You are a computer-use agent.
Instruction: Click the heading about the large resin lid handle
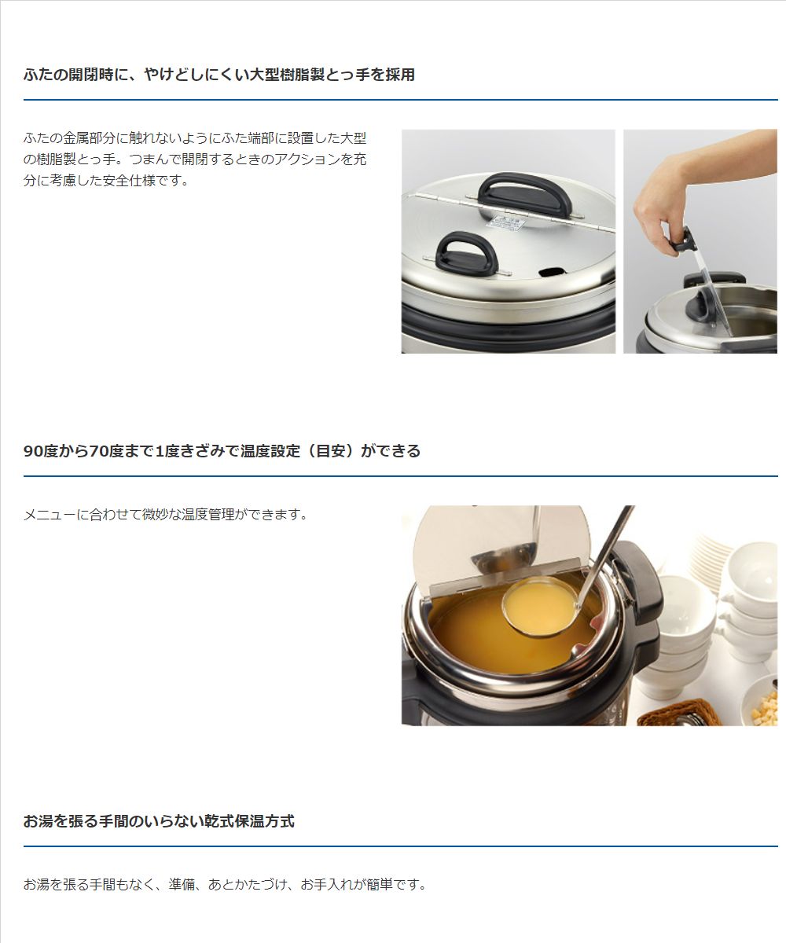pos(219,75)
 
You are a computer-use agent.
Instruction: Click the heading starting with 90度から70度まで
pos(222,451)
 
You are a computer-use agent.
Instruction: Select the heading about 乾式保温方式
pos(159,820)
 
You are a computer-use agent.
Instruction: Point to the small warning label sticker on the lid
pos(507,223)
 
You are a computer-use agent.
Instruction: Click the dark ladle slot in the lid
pos(552,272)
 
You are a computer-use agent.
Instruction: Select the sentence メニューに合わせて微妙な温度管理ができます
pos(165,515)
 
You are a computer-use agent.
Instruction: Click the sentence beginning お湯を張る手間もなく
pos(225,884)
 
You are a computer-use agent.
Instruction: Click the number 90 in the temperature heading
pos(32,451)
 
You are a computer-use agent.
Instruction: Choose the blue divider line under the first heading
pos(400,99)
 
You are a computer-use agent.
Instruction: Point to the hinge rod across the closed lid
pos(515,211)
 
